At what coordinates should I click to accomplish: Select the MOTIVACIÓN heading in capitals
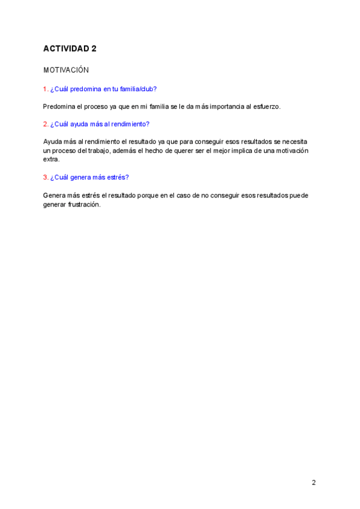pos(66,70)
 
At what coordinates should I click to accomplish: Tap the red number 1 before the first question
pos(45,89)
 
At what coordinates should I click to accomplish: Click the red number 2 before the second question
pos(45,124)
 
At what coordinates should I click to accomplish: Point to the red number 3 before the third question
pos(45,177)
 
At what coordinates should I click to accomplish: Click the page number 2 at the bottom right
pos(313,483)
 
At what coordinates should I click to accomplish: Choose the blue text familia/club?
pos(138,89)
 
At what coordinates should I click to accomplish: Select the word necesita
pos(295,142)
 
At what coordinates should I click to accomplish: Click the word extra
pos(51,160)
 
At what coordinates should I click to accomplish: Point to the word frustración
pos(85,204)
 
